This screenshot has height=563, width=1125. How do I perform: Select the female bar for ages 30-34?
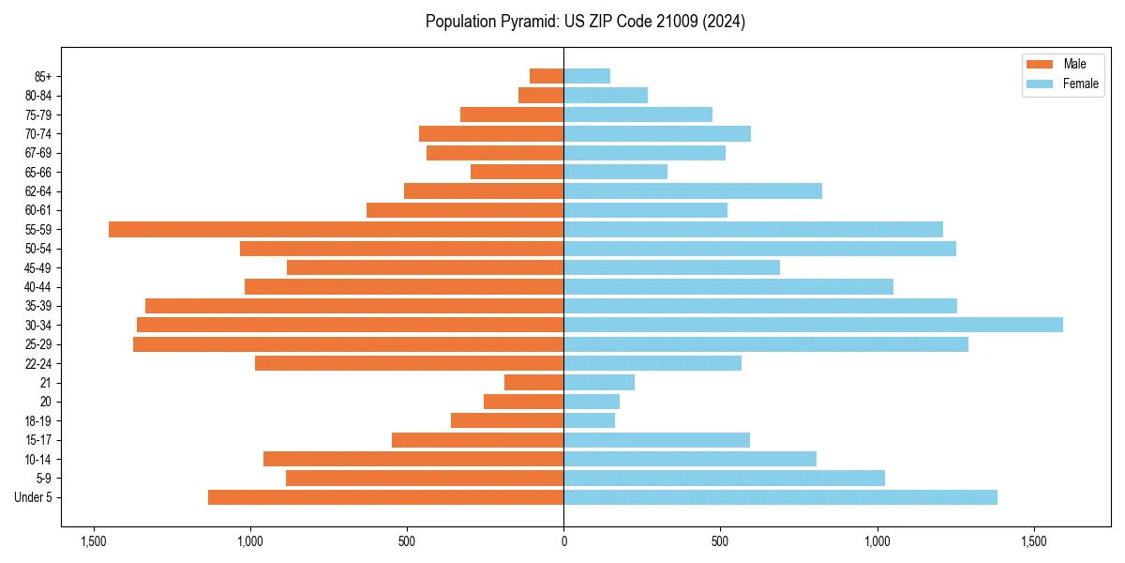tap(813, 325)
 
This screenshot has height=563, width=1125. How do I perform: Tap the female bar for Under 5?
tap(780, 497)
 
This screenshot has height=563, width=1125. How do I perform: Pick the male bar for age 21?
tap(533, 382)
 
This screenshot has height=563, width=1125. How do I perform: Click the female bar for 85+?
tap(587, 76)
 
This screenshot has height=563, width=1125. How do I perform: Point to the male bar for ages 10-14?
tap(413, 459)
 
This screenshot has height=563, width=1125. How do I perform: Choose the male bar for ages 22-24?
tap(409, 363)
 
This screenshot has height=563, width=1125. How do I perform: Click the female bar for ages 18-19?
tap(589, 420)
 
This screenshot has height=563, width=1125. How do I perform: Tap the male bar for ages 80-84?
tap(541, 95)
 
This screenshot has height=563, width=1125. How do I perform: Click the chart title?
tap(585, 22)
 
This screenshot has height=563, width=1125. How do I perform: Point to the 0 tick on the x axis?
tap(563, 541)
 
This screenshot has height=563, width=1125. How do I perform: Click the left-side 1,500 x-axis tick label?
tap(93, 541)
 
